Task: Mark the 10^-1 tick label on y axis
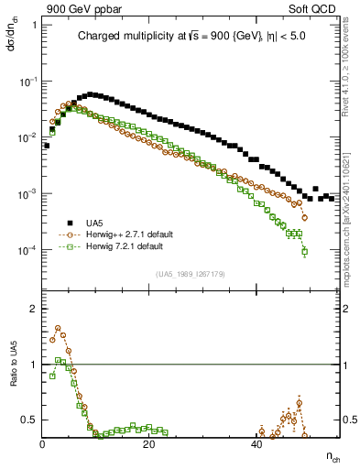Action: [x=28, y=82]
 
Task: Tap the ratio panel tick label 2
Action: [x=33, y=309]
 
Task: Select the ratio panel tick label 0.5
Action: [x=30, y=420]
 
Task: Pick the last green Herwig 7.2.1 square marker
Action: [x=304, y=251]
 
